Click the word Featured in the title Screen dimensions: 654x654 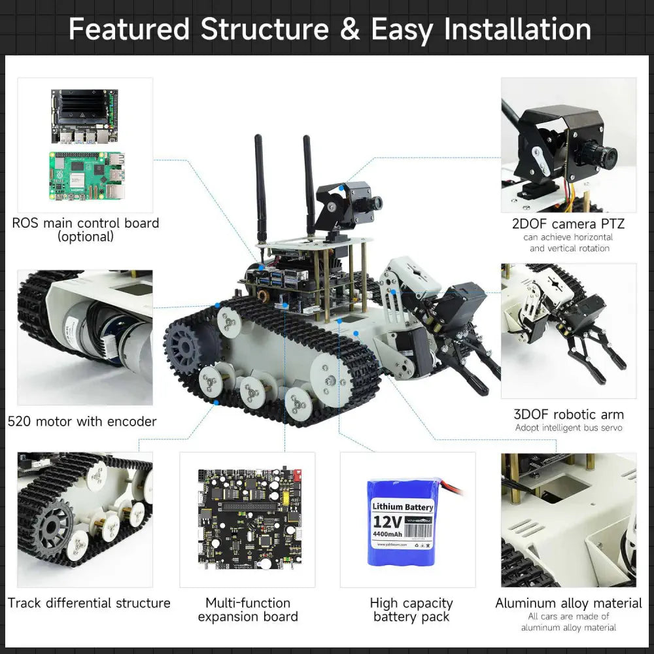point(129,29)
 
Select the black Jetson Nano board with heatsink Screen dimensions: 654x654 point(84,116)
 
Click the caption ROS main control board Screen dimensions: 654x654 point(86,223)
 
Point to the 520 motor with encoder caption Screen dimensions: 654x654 point(82,422)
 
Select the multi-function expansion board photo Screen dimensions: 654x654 point(248,518)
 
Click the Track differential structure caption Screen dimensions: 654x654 point(89,603)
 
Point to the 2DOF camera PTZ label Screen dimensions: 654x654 point(568,224)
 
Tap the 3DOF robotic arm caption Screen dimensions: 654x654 point(569,414)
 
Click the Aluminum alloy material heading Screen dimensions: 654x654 point(568,603)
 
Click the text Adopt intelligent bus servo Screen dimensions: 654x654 point(568,428)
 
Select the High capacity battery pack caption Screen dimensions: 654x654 point(411,610)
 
